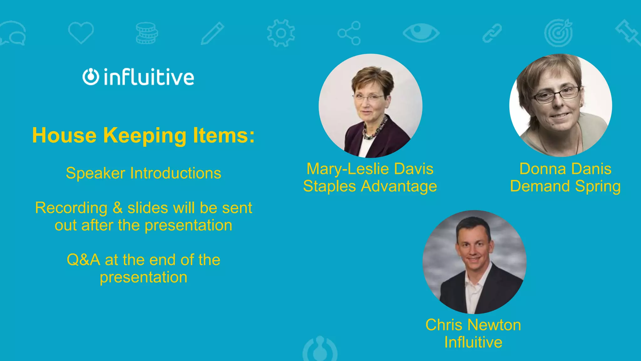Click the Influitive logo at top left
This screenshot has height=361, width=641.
(x=138, y=77)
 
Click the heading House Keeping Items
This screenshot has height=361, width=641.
(x=143, y=135)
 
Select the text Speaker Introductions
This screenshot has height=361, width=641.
(x=143, y=173)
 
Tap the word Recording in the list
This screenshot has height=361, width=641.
(x=71, y=208)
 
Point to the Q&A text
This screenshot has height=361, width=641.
(x=83, y=260)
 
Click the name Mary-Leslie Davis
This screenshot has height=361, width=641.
(x=370, y=169)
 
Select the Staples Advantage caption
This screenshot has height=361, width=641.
(x=370, y=186)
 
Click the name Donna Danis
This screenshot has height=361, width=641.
(x=565, y=169)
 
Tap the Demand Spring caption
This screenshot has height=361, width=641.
(x=565, y=186)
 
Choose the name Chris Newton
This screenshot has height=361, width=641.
(x=473, y=325)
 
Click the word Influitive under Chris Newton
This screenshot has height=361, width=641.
(x=473, y=342)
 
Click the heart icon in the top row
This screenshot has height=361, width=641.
(x=81, y=33)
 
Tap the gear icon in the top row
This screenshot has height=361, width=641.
(x=281, y=33)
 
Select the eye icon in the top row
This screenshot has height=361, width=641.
(x=421, y=33)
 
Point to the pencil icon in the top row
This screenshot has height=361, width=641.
(x=212, y=33)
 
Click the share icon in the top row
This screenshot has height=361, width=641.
(x=349, y=33)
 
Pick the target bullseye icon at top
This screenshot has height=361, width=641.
(x=558, y=33)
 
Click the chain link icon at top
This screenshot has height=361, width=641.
(x=492, y=33)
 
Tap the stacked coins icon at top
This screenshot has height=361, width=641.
(x=146, y=33)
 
